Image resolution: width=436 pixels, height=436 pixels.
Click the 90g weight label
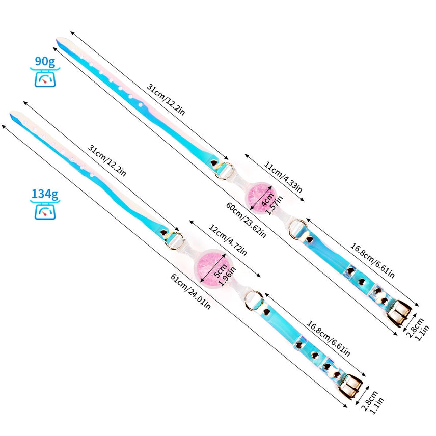click(46, 62)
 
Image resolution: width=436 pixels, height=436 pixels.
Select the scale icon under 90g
click(46, 78)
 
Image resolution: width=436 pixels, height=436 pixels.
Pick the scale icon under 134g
click(45, 210)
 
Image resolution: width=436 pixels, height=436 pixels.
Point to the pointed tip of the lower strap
click(13, 112)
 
